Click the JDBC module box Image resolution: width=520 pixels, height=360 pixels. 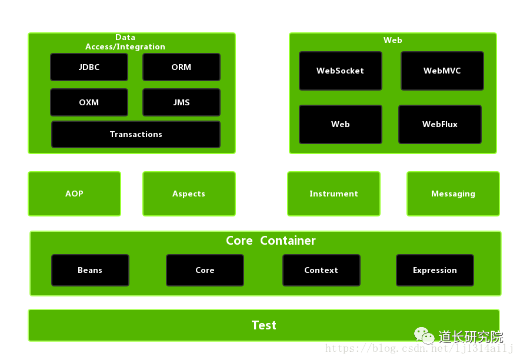89,67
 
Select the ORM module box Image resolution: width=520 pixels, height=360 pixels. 181,67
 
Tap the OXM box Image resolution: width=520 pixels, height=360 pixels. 89,102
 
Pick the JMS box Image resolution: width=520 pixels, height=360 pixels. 181,102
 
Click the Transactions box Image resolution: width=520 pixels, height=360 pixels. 136,134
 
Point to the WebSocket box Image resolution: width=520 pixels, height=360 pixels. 341,71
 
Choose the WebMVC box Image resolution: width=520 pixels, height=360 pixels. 442,71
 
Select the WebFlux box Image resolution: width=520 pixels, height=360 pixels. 440,124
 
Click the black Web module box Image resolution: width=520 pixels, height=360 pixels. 341,124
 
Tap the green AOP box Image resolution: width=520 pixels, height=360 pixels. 74,194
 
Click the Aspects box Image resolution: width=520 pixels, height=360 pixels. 189,194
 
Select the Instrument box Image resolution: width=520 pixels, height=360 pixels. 334,194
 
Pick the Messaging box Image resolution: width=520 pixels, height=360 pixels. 453,194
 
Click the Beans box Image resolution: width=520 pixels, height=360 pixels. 90,270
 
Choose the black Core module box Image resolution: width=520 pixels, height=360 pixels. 205,270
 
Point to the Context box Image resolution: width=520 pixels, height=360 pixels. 321,270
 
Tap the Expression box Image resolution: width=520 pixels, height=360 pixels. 435,270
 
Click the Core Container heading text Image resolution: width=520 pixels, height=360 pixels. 271,241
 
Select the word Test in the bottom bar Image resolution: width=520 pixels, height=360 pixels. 264,325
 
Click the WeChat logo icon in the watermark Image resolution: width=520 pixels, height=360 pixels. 424,335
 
